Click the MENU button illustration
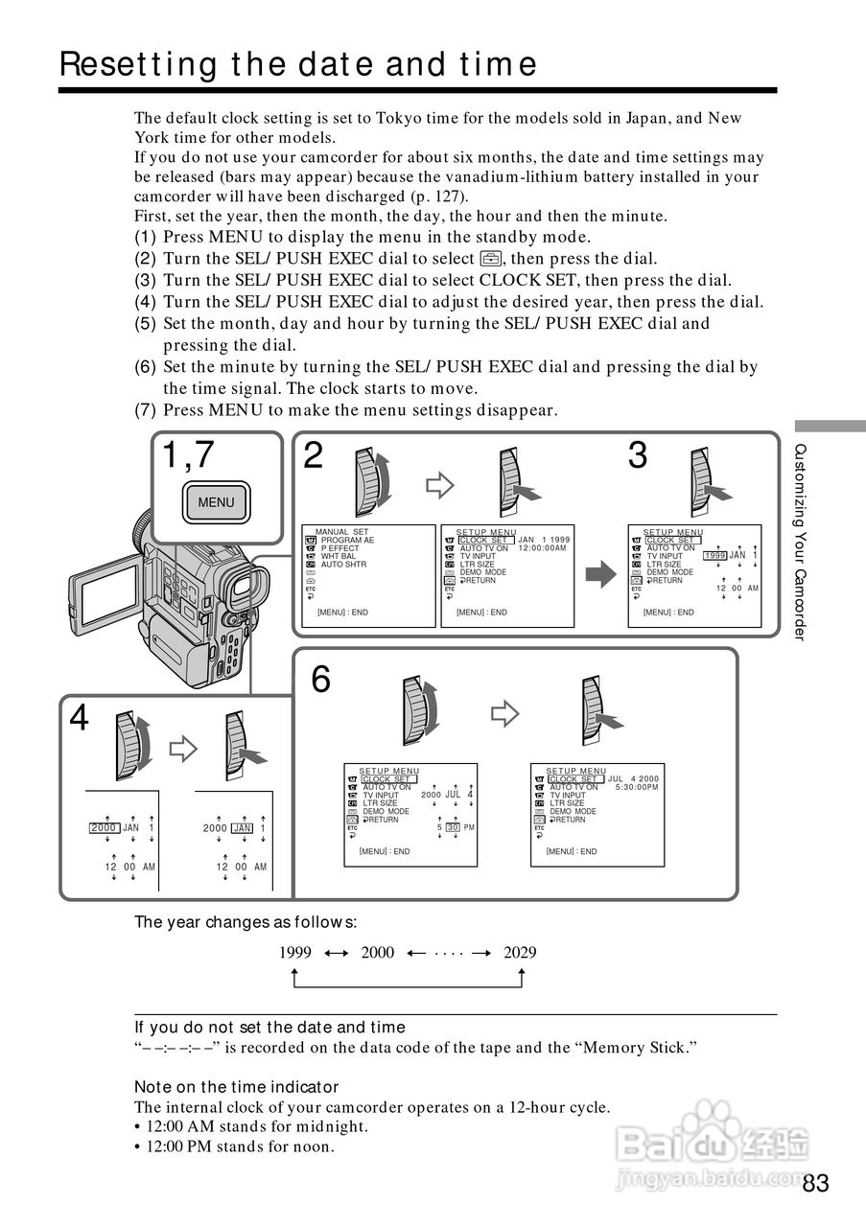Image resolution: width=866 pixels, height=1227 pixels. point(216,502)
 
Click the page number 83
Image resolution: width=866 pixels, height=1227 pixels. point(815,1183)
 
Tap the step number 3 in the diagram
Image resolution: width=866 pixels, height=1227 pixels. point(638,456)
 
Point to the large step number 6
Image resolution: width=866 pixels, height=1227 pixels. point(321,680)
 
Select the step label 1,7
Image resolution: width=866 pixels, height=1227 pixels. point(188,456)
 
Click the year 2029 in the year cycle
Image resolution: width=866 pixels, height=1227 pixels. point(520,952)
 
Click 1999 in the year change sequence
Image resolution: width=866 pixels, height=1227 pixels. point(295,952)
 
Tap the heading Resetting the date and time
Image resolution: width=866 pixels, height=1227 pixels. point(298,64)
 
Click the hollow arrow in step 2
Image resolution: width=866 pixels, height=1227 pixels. point(438,486)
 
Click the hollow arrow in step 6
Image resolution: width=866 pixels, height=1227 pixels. point(503,713)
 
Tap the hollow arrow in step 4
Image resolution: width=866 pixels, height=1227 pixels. point(182,749)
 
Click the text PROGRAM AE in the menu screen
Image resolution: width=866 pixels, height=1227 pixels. point(347,541)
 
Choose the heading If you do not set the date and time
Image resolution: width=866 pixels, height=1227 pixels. point(269,1027)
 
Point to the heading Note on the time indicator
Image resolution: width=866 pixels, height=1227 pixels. point(236,1086)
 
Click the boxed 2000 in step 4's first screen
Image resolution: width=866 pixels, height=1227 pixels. point(104,827)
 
